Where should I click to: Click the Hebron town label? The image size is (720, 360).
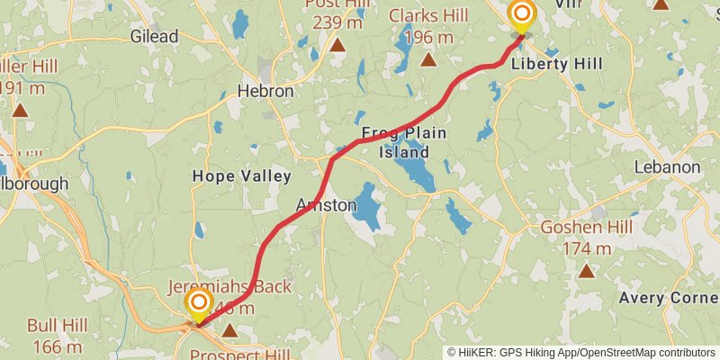coord(265,91)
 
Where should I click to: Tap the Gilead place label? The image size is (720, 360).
coord(154,37)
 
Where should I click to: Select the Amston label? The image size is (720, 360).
coord(326,206)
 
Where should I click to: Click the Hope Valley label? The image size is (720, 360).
coord(241,176)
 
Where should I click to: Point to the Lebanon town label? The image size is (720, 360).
coord(667,167)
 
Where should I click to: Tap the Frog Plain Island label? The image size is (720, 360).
coord(404,142)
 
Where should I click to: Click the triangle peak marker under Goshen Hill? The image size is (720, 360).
coord(587,271)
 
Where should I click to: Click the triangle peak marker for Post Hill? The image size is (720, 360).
coord(337,45)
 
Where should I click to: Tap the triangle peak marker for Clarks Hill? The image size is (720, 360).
coord(428,61)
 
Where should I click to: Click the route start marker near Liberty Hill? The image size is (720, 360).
coord(522,15)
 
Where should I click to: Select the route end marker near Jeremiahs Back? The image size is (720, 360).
coord(199,303)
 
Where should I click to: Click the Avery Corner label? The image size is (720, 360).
coord(667,298)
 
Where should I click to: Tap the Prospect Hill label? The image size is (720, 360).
coord(238,354)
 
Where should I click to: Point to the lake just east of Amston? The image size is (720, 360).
coord(367,203)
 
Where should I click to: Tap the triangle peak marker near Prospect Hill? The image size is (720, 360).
coord(230,331)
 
